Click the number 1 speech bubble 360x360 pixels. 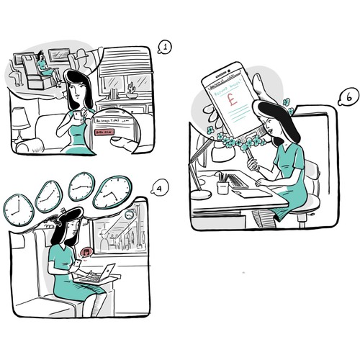[165, 48]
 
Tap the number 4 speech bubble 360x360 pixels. [158, 190]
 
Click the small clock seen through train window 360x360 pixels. [129, 215]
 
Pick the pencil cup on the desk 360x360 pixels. [222, 186]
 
